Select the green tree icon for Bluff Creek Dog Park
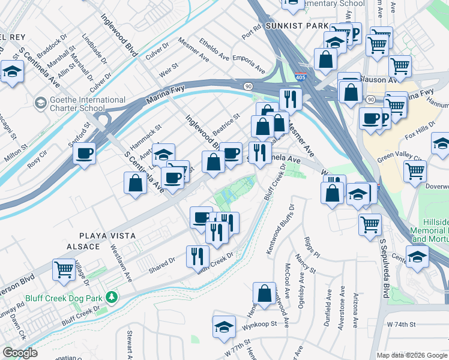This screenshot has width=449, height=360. click(x=111, y=297)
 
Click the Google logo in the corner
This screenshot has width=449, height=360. click(x=20, y=353)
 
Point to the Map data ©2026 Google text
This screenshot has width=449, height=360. click(x=412, y=355)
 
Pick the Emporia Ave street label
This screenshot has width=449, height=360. click(x=249, y=65)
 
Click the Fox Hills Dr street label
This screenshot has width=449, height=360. click(x=421, y=133)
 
